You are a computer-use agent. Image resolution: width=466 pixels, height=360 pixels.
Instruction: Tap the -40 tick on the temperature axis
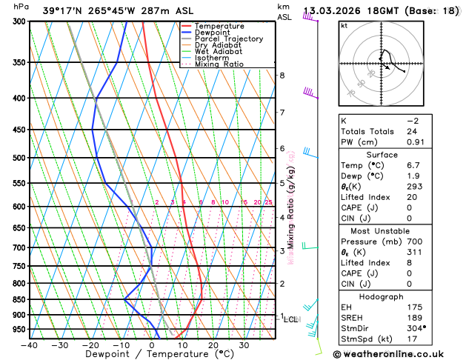(30, 344)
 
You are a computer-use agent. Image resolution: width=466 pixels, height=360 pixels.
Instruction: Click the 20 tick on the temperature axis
(213, 344)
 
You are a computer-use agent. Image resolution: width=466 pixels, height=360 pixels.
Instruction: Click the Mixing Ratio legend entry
(218, 64)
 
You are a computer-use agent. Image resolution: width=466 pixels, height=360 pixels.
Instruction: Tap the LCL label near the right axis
(291, 319)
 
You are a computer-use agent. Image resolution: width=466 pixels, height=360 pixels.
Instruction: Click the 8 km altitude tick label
(282, 76)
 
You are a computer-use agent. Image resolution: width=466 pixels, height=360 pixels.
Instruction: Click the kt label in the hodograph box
(344, 25)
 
